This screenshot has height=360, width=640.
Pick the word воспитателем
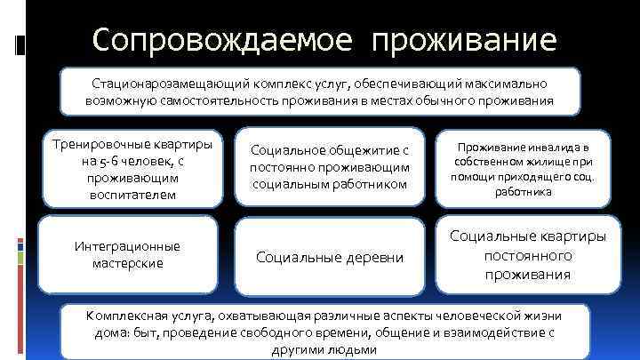click(x=133, y=194)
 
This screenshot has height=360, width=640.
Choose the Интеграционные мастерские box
click(x=133, y=254)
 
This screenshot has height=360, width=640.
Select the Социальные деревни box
click(x=331, y=258)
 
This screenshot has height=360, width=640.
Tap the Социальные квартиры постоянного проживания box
click(x=528, y=254)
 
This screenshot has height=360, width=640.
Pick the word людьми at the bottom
click(x=356, y=349)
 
